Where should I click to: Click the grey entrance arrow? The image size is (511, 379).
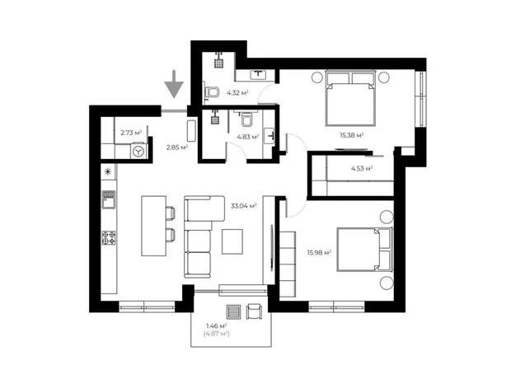pos(174,84)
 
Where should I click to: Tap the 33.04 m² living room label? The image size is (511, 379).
pos(243,206)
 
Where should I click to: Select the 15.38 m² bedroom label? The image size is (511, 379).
pos(352,135)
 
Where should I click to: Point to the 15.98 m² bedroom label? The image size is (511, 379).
pos(319,252)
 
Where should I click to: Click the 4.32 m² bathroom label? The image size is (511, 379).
pos(237,93)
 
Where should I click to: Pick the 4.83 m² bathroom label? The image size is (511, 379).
pos(248,137)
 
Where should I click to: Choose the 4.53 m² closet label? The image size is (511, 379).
pos(362,168)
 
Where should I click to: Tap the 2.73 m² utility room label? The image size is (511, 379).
pos(131,133)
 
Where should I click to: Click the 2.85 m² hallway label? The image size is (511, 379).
pos(177,147)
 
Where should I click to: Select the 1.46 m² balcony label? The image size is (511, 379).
pos(217,325)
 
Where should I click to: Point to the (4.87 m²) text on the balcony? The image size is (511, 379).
pos(217,334)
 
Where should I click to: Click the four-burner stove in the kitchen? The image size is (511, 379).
pos(109,237)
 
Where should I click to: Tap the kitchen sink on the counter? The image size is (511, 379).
pos(109,199)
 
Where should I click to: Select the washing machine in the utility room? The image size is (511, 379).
pos(139,152)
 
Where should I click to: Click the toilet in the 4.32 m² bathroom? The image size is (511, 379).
pos(211,92)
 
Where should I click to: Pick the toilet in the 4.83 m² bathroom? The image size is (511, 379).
pos(247,120)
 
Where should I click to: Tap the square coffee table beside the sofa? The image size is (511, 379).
pos(232,241)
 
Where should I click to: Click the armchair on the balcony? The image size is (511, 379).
pos(254,311)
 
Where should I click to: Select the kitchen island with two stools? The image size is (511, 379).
pos(157,226)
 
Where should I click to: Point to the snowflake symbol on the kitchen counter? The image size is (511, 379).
pos(108,171)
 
